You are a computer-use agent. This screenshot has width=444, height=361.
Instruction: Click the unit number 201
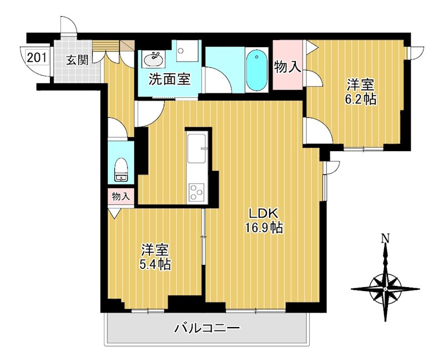[x=36, y=57]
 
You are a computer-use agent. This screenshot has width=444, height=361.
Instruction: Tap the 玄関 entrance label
[x=77, y=60]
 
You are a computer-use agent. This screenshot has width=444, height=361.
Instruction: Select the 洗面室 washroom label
[x=169, y=79]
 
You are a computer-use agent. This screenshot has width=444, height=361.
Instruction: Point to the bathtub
[x=256, y=69]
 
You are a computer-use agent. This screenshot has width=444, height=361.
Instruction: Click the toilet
[x=120, y=169]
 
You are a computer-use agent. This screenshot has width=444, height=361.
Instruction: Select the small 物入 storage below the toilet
[x=120, y=196]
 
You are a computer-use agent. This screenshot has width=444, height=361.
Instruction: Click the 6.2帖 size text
[x=361, y=100]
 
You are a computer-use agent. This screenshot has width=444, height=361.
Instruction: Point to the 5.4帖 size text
[x=155, y=264]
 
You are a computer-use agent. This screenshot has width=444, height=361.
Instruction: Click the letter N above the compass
[x=385, y=239]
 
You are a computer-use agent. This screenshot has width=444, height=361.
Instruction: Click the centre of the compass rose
[x=385, y=289]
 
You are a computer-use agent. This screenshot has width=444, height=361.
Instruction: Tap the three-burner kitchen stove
[x=196, y=192]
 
